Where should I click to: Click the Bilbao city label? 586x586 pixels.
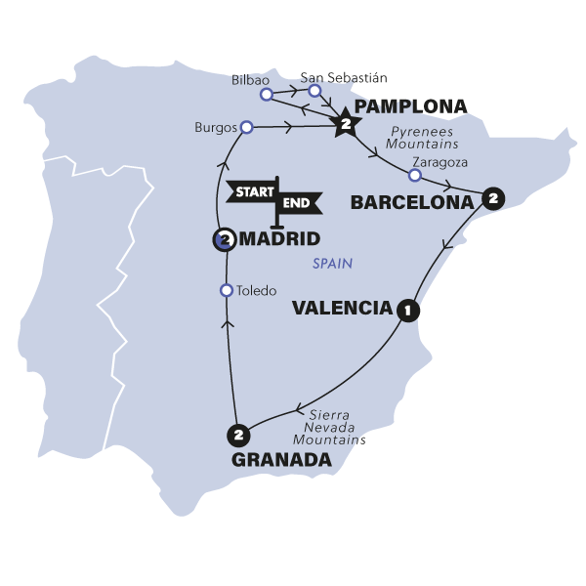251,79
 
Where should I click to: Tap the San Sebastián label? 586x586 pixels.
337,76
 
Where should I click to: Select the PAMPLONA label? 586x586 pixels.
398,105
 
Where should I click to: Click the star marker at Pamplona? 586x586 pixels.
345,124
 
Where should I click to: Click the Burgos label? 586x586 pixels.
215,127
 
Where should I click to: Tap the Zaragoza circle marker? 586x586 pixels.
414,176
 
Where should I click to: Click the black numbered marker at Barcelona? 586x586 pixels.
493,197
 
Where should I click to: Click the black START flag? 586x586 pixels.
250,191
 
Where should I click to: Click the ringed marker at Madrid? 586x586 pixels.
224,238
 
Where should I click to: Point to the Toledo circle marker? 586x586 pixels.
227,290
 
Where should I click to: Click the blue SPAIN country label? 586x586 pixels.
332,264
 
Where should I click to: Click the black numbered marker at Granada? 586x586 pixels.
235,433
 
